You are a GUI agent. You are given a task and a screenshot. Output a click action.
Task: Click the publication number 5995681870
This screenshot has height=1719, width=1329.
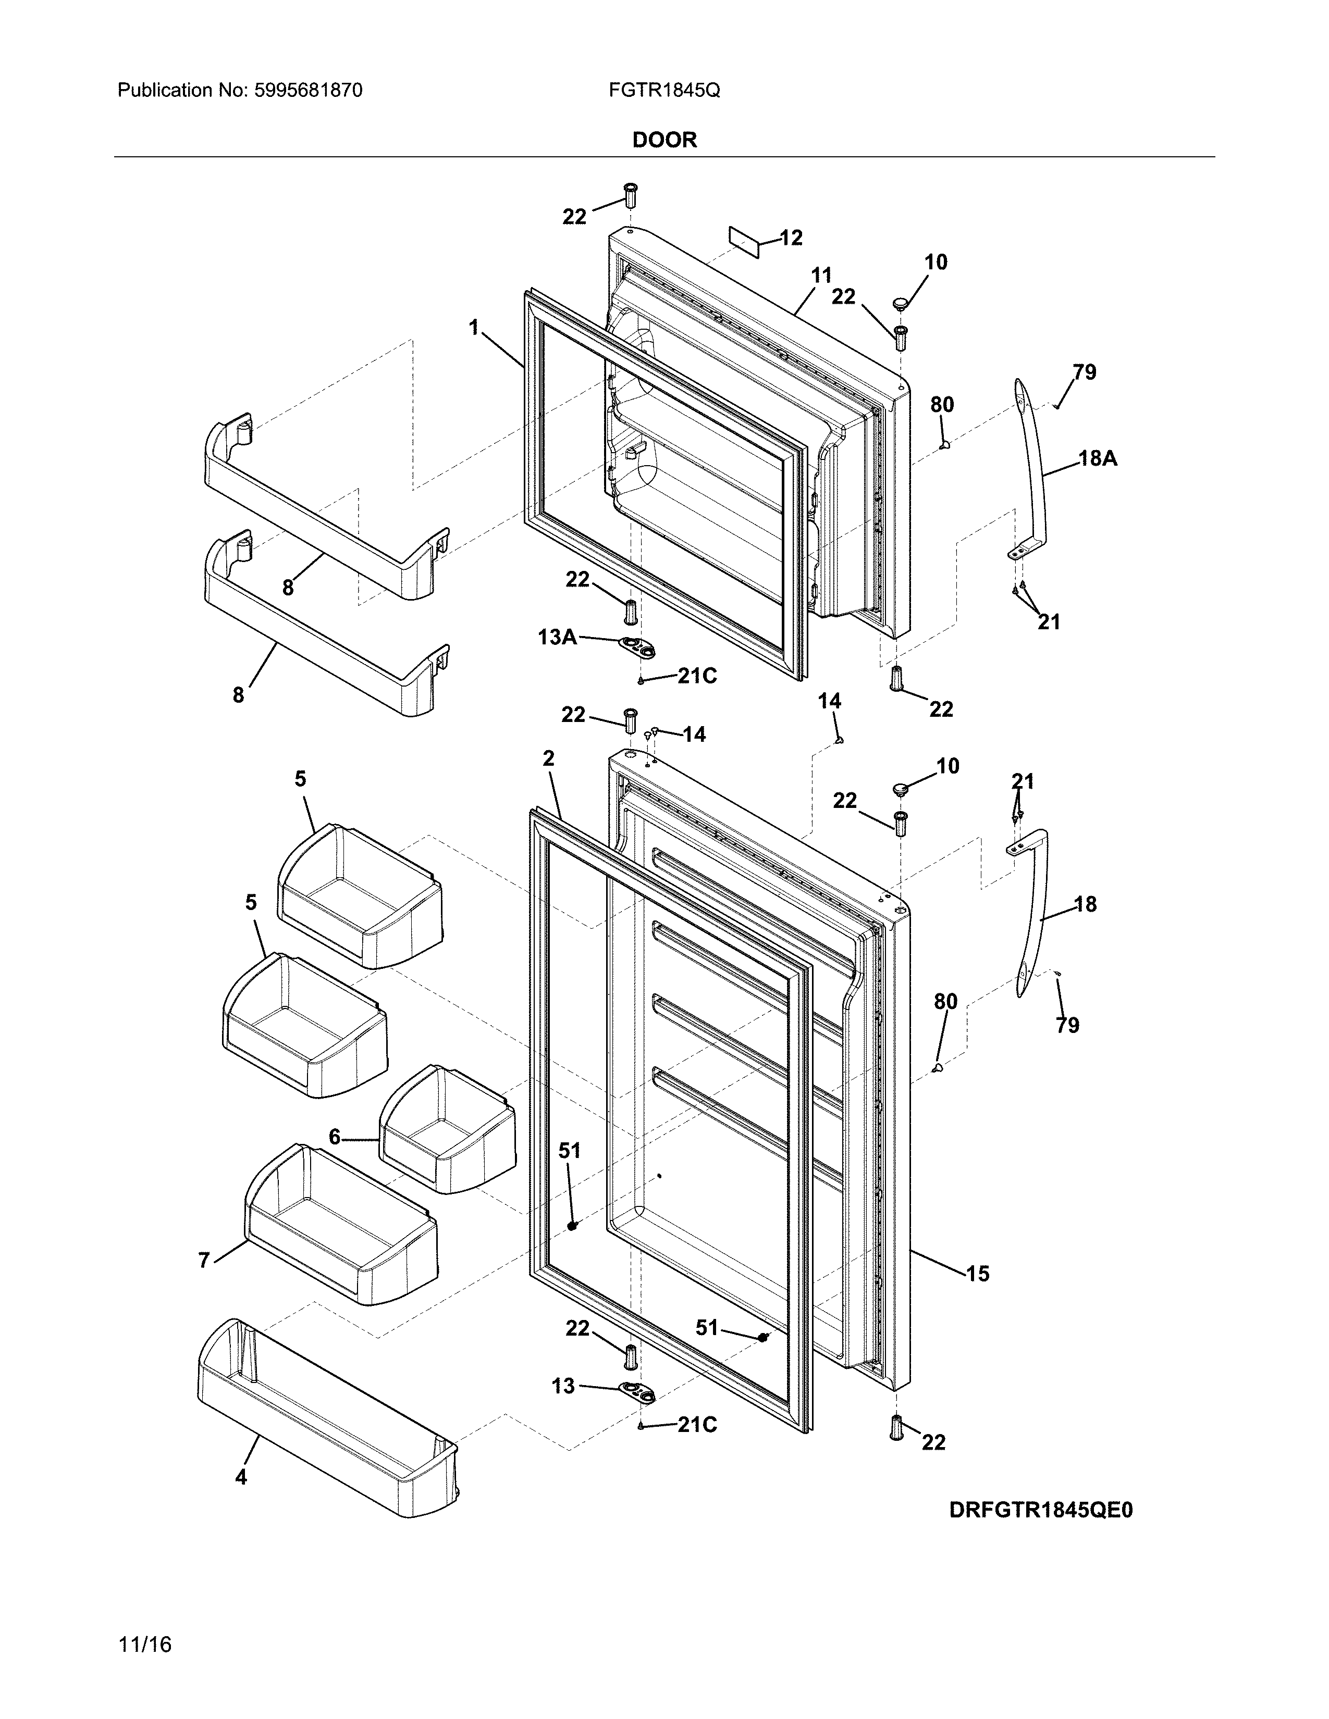click(x=308, y=91)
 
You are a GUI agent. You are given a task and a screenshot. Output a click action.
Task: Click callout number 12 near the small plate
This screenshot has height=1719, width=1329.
click(x=791, y=238)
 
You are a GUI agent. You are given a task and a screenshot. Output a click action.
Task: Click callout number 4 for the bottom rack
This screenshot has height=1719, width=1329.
click(x=241, y=1477)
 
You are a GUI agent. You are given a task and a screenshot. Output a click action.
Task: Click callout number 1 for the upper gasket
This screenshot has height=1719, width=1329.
click(x=474, y=328)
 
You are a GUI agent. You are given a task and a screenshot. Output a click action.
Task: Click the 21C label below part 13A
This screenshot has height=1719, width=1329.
click(x=697, y=676)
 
